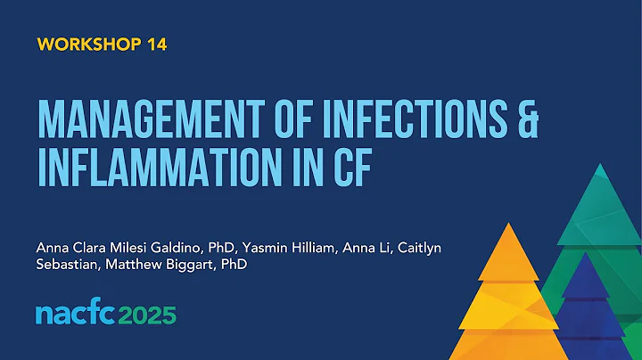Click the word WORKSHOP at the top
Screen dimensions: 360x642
pos(78,43)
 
